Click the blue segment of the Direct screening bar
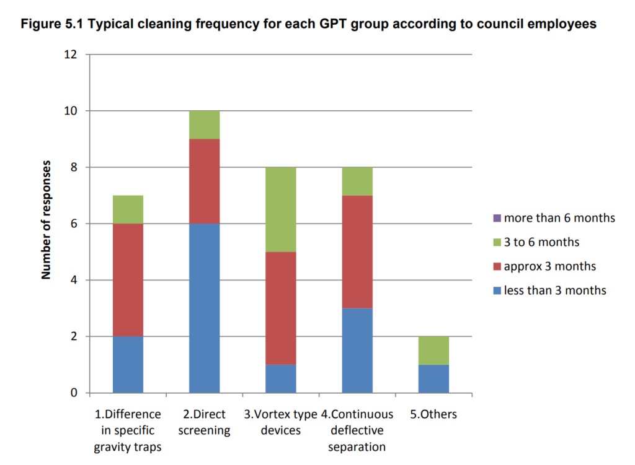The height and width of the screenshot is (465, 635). click(204, 308)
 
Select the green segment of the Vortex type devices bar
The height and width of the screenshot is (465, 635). click(280, 209)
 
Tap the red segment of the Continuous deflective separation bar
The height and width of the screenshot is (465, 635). click(357, 251)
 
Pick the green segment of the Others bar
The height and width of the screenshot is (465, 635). click(433, 350)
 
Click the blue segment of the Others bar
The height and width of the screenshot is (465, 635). click(433, 378)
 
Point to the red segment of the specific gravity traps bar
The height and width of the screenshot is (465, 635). click(128, 280)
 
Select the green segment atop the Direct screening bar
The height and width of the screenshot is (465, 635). click(204, 124)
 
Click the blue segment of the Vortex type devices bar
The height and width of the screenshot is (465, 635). click(280, 378)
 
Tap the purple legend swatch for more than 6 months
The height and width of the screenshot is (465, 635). click(497, 218)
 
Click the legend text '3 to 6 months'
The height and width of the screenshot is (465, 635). click(541, 242)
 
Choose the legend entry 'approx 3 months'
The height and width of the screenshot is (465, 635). click(549, 266)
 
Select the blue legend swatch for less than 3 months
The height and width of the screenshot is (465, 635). click(497, 290)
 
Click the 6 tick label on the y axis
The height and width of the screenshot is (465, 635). click(74, 224)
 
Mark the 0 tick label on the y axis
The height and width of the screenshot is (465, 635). click(74, 393)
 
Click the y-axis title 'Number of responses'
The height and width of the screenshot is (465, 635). click(47, 220)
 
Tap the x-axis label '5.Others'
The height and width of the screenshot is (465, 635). click(433, 414)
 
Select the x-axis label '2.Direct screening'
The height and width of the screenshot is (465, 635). click(204, 422)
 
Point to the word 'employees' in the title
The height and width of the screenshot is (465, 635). click(561, 24)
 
